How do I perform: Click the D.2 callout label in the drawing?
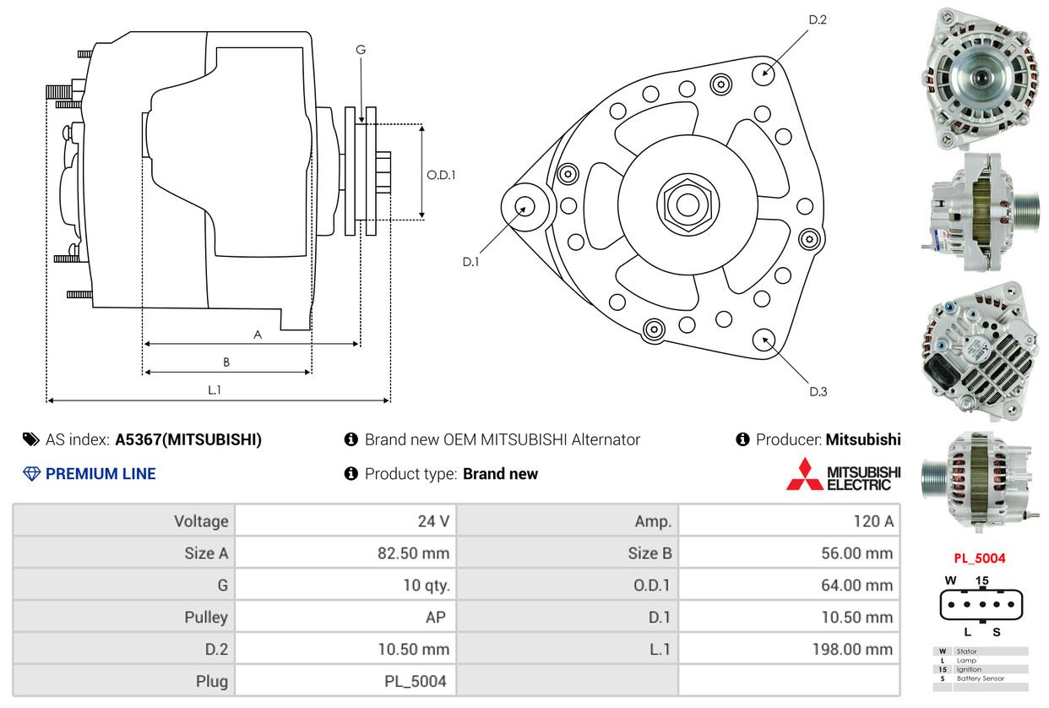pos(817,19)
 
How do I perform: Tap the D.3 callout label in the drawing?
pos(817,391)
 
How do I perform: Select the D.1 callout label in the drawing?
pos(470,262)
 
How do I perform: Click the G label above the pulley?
pos(361,50)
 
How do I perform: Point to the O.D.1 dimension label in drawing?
pos(441,176)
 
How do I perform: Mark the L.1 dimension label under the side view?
pos(215,389)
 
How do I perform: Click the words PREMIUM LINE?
pos(101,474)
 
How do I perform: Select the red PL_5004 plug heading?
pos(979,558)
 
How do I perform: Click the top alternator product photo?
pos(980,78)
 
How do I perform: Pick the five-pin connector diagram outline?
pos(980,605)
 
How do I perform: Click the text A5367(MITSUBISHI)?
pos(188,440)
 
